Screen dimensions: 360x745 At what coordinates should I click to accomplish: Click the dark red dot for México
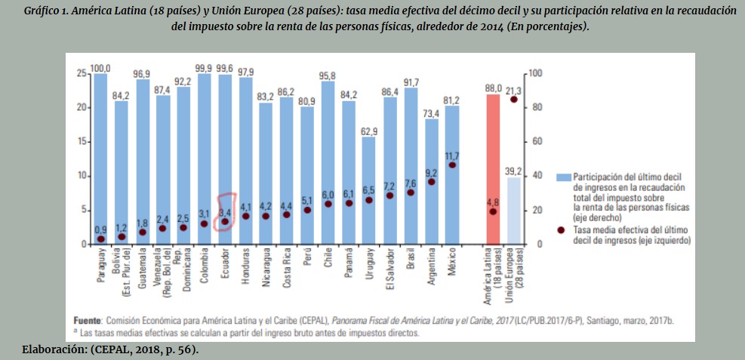(x=452, y=165)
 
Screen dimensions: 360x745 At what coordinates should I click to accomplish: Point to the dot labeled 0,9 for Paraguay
(x=100, y=238)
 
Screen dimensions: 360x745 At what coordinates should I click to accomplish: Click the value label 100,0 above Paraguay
(x=100, y=69)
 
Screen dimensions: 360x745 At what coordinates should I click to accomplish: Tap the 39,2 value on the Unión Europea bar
(x=514, y=171)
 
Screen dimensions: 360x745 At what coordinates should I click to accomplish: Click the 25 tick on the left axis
(x=81, y=73)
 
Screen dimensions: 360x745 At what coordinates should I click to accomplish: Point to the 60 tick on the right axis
(x=534, y=142)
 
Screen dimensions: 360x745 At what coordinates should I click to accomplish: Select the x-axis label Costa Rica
(x=287, y=269)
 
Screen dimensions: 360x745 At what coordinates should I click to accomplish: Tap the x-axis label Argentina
(x=431, y=268)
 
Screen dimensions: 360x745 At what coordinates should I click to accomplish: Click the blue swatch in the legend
(x=563, y=177)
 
